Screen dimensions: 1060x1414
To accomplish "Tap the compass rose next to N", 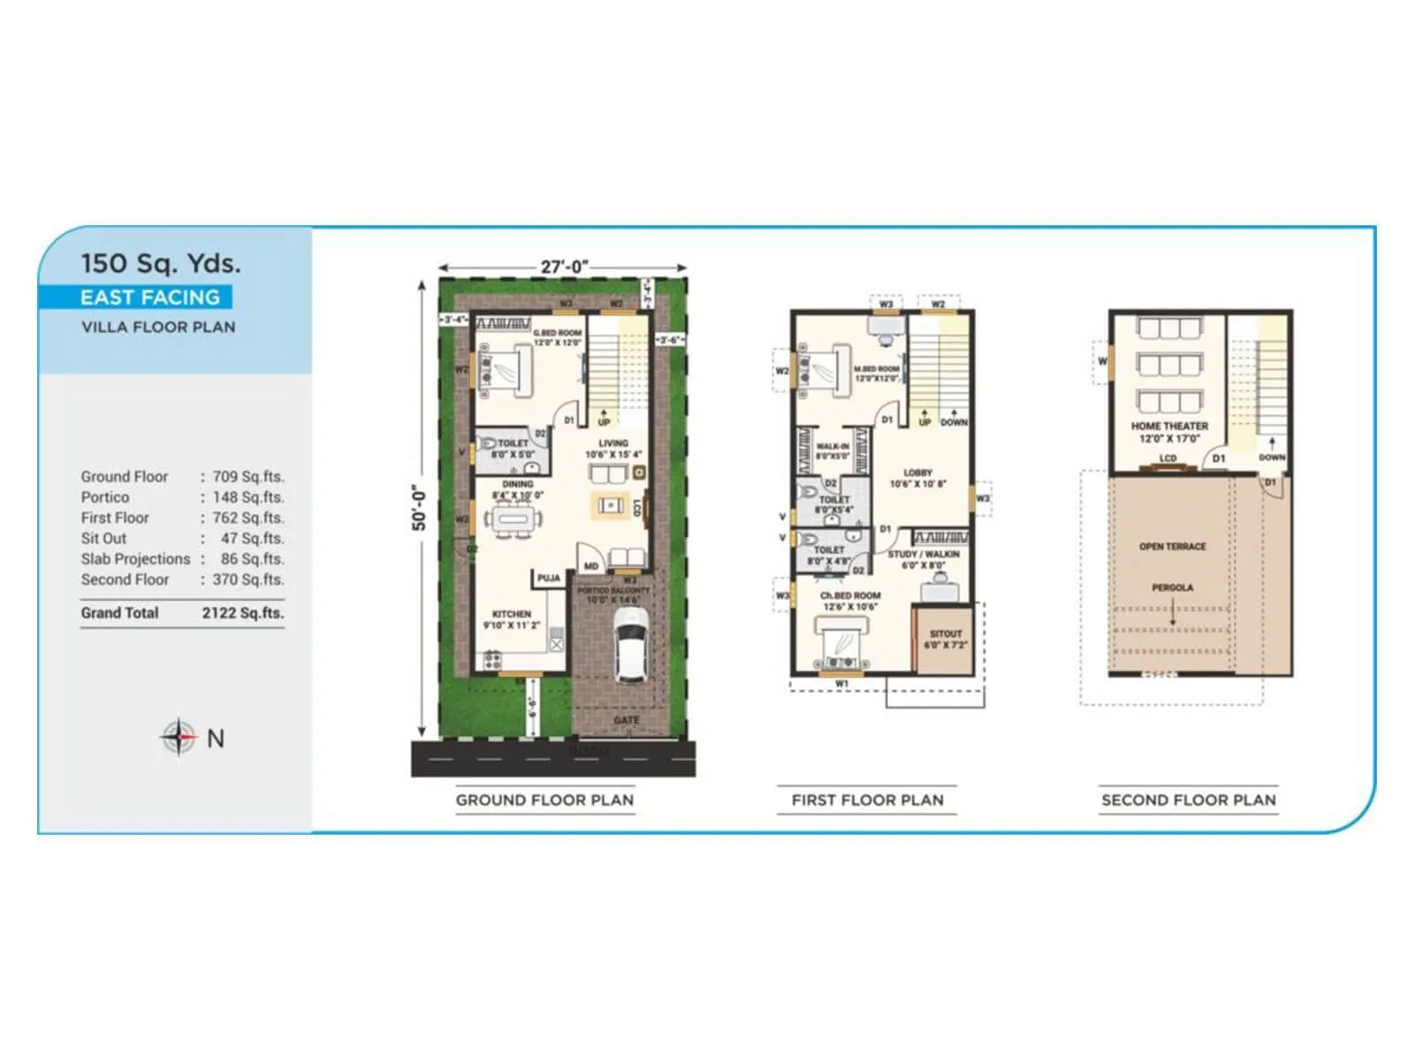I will [x=179, y=737].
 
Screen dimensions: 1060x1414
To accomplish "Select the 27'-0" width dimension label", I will [x=564, y=267].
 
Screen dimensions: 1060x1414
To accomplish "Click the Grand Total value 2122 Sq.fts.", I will [x=243, y=613].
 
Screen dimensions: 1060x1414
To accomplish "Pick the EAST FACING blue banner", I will [x=149, y=298].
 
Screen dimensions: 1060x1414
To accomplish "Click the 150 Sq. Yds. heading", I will [x=160, y=263].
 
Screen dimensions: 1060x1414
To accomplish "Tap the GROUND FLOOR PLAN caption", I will [x=544, y=800].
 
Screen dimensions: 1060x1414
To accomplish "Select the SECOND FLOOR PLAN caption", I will [x=1189, y=800].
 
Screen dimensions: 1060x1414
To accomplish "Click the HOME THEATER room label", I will [x=1169, y=426].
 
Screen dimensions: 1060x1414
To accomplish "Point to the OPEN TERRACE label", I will [x=1173, y=547].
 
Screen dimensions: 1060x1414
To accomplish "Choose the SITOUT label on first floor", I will [x=946, y=633].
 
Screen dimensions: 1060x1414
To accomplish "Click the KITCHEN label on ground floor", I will [x=512, y=614].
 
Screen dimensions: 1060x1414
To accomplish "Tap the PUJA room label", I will [x=549, y=578].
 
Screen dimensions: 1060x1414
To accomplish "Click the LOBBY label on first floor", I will [x=918, y=473].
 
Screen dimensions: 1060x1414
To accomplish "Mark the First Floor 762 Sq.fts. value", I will [x=248, y=518].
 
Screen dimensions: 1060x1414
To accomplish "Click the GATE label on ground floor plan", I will [x=627, y=721].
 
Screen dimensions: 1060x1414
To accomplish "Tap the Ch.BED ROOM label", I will [x=850, y=595].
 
